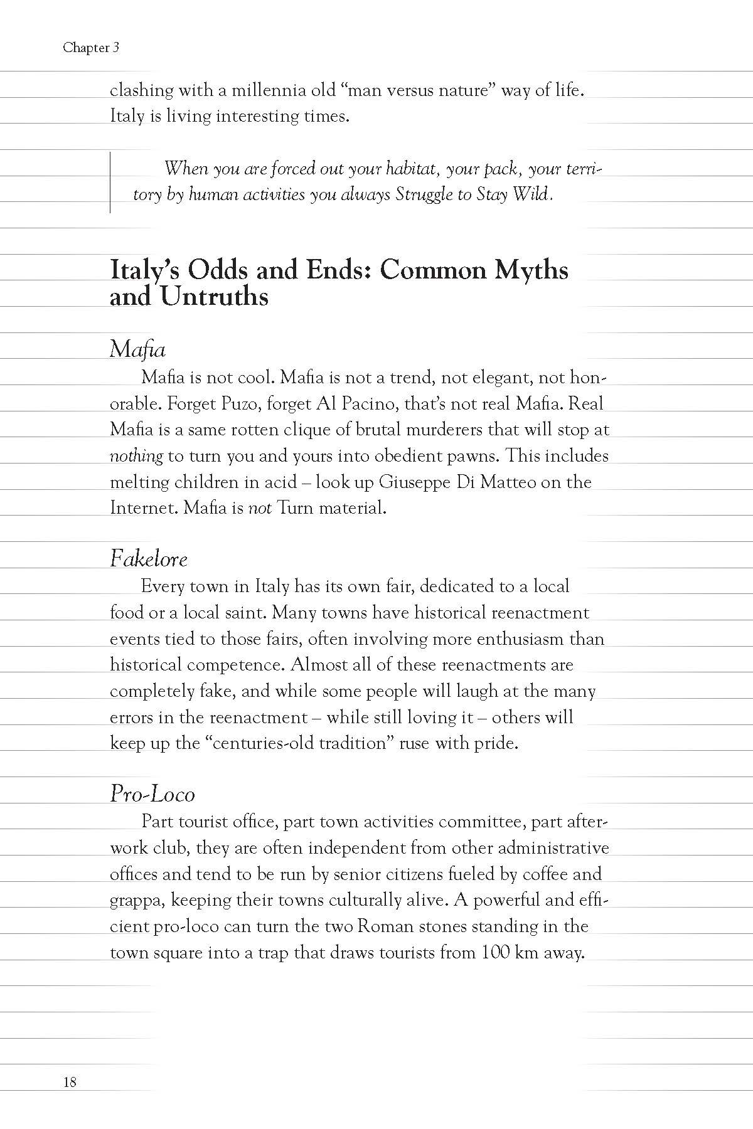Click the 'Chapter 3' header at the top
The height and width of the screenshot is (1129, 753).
pyautogui.click(x=91, y=48)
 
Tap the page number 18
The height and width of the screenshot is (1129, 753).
pyautogui.click(x=70, y=1081)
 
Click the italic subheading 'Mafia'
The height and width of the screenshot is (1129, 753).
pyautogui.click(x=137, y=349)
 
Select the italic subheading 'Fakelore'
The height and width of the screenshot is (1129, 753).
pyautogui.click(x=149, y=558)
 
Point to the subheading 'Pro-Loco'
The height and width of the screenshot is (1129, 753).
pyautogui.click(x=152, y=793)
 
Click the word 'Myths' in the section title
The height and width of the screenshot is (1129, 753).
pyautogui.click(x=531, y=270)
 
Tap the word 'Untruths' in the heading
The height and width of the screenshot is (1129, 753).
pyautogui.click(x=214, y=296)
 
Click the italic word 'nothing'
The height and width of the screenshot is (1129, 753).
pyautogui.click(x=136, y=455)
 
